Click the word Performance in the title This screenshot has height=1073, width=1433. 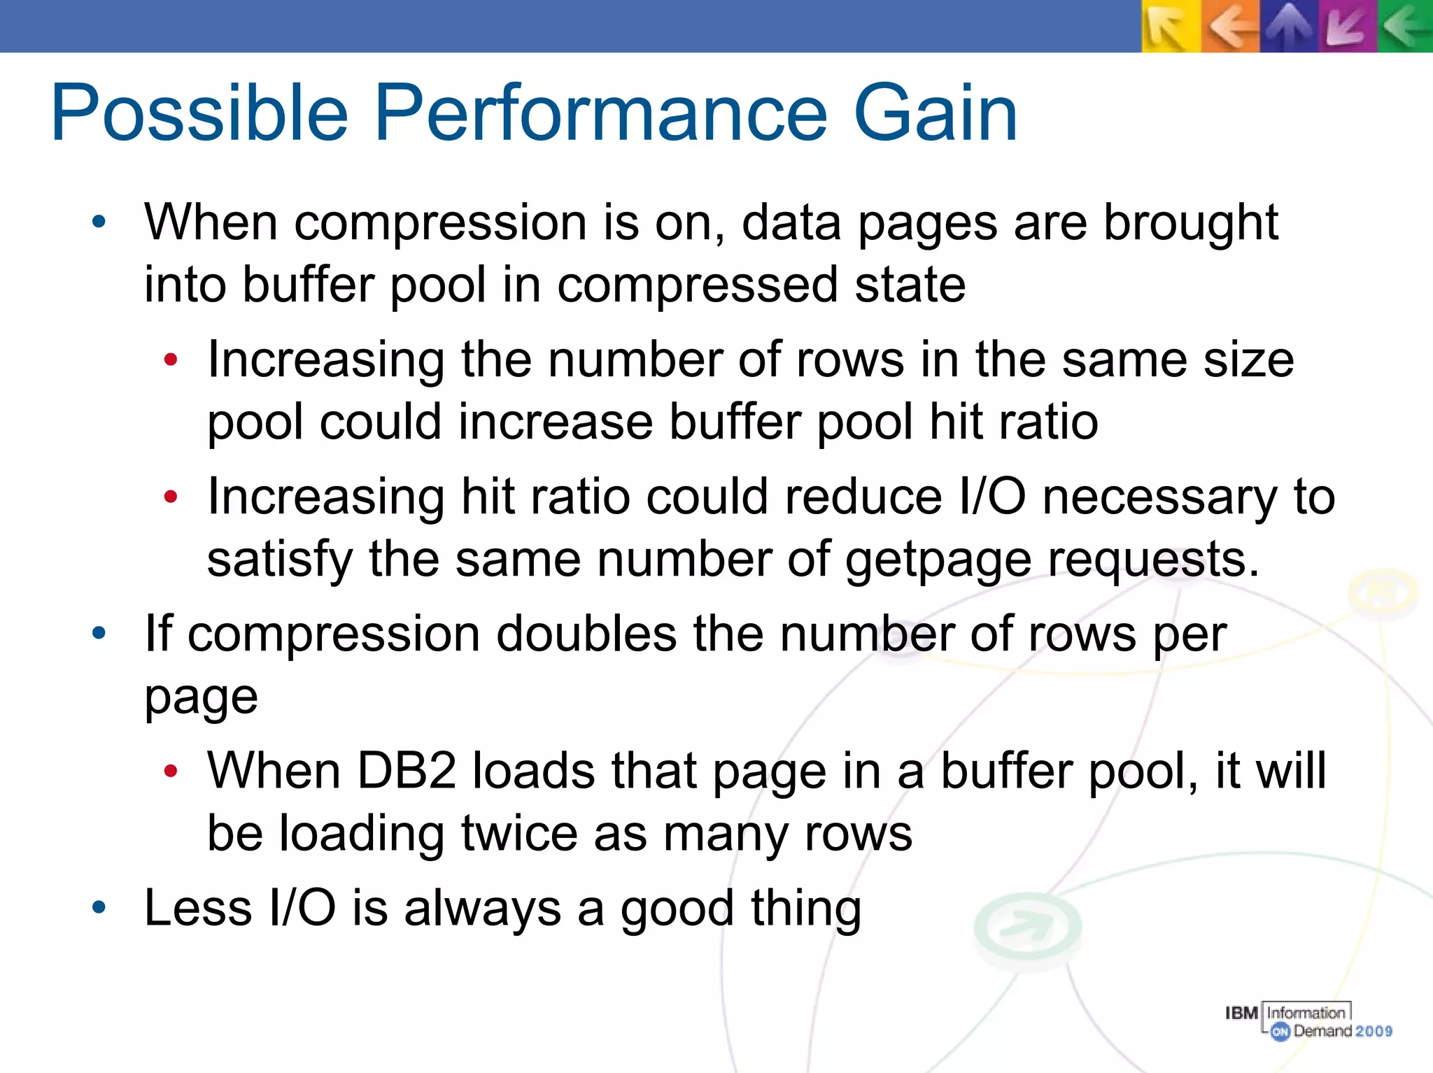pyautogui.click(x=600, y=113)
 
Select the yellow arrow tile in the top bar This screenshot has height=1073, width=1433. pyautogui.click(x=1171, y=27)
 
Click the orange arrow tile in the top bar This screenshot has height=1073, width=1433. pyautogui.click(x=1230, y=27)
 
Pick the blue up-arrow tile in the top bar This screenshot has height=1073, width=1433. pyautogui.click(x=1289, y=27)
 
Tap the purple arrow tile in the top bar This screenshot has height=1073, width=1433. pyautogui.click(x=1348, y=27)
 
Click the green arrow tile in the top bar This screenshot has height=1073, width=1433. pyautogui.click(x=1405, y=27)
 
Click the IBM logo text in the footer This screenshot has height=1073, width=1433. pyautogui.click(x=1242, y=1012)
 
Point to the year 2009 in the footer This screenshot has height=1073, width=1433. pyautogui.click(x=1374, y=1031)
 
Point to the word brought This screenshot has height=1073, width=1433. pyautogui.click(x=1191, y=222)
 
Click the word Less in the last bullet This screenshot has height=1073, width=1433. pyautogui.click(x=198, y=908)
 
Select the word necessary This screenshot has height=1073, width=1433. pyautogui.click(x=1159, y=497)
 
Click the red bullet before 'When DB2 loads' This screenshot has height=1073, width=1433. pyautogui.click(x=171, y=771)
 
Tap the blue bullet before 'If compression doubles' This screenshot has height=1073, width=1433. pyautogui.click(x=99, y=634)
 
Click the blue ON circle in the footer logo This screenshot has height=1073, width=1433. pyautogui.click(x=1280, y=1031)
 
